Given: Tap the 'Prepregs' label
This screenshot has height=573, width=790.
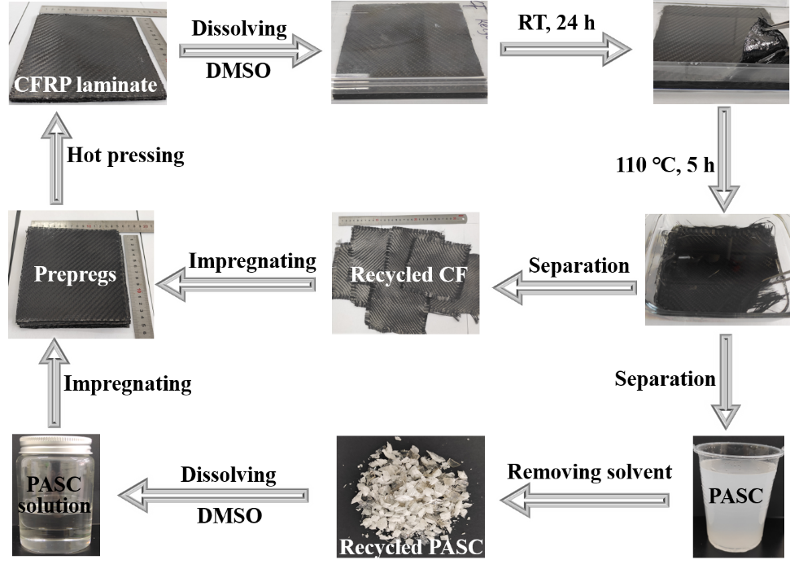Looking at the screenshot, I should [x=75, y=274].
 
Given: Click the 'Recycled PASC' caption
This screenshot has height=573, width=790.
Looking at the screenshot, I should [x=411, y=547].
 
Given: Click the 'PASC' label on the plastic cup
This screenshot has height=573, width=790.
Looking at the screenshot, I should [x=735, y=494].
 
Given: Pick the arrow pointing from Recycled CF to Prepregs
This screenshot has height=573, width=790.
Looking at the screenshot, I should [x=236, y=284].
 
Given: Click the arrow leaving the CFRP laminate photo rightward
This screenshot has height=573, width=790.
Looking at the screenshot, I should [x=249, y=50].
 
